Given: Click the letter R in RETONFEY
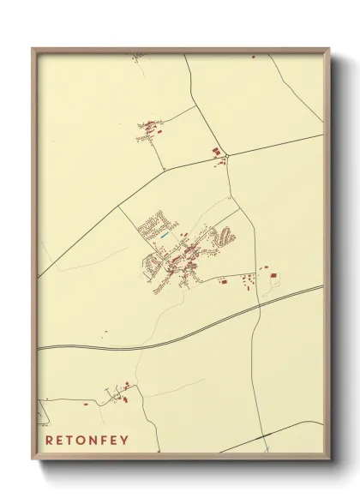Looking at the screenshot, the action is [50, 441].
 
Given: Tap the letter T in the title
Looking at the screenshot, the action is [74, 441].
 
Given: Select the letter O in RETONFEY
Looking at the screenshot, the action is [86, 441].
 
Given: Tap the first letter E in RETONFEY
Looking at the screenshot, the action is [62, 441].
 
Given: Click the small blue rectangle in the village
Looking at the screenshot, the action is [164, 232].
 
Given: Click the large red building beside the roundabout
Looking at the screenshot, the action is [217, 152].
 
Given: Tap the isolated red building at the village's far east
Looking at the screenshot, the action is [273, 275].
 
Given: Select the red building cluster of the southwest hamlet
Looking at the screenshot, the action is [122, 395].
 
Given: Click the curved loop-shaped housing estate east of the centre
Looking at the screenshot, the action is [225, 234].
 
